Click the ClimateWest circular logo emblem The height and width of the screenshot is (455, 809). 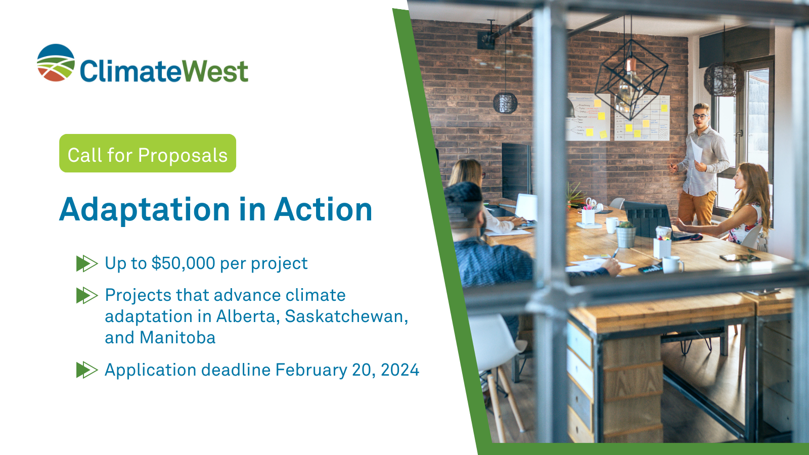pos(56,63)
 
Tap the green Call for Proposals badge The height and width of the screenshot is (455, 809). pos(148,154)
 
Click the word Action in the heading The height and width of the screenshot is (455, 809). pos(323,210)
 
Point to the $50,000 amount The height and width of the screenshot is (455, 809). pos(183,263)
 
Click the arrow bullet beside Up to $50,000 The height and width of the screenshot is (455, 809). pos(86,263)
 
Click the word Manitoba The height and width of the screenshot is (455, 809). pos(177,338)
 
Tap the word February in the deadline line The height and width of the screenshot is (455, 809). pos(311,370)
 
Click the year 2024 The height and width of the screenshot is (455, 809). pos(400,370)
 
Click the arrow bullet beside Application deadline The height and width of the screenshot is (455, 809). pos(86,370)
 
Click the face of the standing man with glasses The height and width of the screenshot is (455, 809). pos(700,118)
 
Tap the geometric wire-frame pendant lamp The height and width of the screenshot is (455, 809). pos(631,76)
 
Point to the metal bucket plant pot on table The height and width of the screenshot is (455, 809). pos(626,236)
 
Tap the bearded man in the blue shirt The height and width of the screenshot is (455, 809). pos(480,238)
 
